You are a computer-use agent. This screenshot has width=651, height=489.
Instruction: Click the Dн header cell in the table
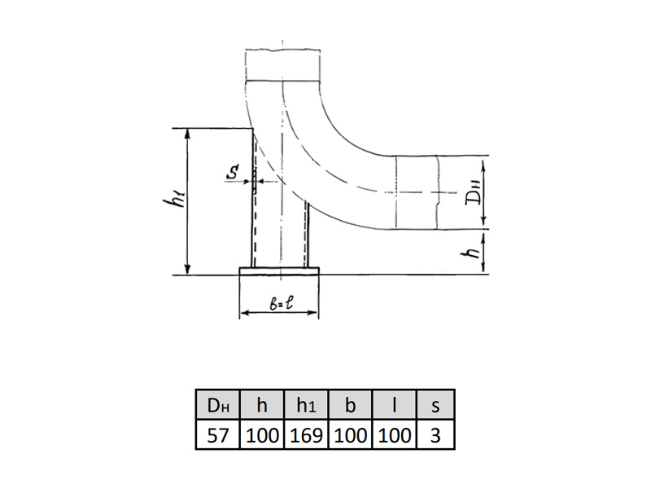tap(218, 404)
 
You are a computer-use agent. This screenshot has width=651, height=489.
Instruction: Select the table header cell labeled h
tap(262, 404)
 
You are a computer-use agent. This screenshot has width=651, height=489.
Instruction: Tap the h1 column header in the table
tap(307, 404)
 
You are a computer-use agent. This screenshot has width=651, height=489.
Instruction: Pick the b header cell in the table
tap(351, 404)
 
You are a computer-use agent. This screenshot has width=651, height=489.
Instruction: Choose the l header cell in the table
tap(395, 404)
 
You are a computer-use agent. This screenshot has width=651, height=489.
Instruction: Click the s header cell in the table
tap(435, 404)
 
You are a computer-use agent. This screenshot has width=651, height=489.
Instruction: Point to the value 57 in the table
tap(218, 435)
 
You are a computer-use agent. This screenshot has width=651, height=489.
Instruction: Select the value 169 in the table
tap(307, 435)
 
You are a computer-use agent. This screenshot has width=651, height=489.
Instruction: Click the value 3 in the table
tap(435, 435)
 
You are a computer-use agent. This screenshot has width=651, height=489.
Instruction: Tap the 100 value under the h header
tap(262, 435)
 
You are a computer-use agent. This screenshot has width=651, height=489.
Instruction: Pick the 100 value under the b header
tap(351, 435)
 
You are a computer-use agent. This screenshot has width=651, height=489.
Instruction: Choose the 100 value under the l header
tap(395, 435)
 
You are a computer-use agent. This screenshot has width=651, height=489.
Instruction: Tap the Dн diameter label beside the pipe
tap(474, 192)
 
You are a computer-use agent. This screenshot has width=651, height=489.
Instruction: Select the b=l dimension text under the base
tap(281, 303)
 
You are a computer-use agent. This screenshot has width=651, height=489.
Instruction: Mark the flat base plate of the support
tap(279, 271)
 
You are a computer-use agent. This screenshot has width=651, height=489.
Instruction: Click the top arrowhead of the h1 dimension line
tap(188, 133)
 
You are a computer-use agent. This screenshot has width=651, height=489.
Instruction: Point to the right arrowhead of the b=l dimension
tap(312, 312)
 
